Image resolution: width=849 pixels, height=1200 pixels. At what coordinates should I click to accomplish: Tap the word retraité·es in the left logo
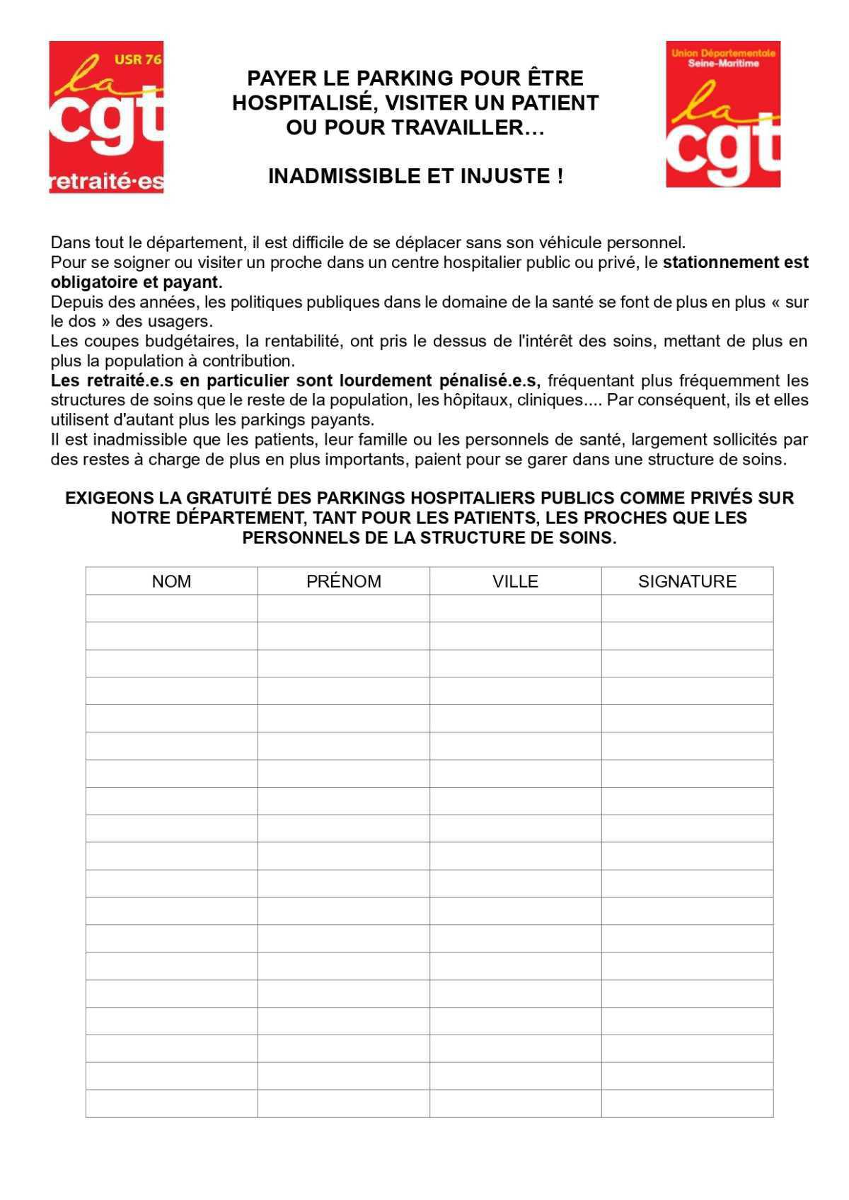tap(106, 182)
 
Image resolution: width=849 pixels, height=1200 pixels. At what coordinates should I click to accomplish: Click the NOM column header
tap(171, 581)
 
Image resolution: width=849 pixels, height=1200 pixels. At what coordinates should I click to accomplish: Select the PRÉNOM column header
tap(344, 581)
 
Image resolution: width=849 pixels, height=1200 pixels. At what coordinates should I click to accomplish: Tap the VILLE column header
tap(515, 581)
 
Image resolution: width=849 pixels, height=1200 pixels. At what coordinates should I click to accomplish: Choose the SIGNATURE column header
tap(687, 581)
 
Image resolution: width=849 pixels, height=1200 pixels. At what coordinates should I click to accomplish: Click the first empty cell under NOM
tap(171, 608)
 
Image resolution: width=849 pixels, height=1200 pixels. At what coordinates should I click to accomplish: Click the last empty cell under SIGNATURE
tap(687, 1103)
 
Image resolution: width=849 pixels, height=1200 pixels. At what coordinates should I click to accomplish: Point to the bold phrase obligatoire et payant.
tap(137, 282)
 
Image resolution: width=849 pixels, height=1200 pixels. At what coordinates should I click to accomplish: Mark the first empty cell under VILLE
tap(515, 608)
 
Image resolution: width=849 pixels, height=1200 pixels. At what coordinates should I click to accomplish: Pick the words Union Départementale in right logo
tap(723, 53)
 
